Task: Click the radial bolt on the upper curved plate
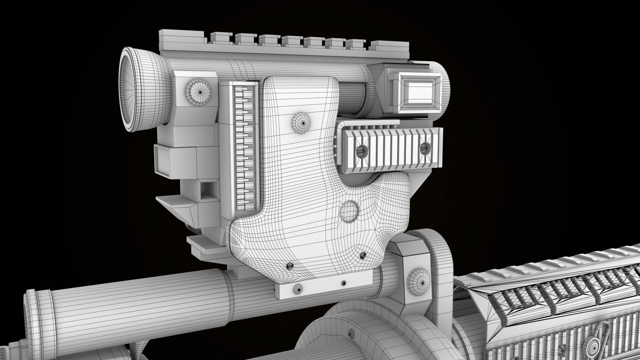[303, 123]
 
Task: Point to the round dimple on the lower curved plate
[349, 211]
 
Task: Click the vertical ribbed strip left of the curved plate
[246, 147]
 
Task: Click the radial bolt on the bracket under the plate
[297, 289]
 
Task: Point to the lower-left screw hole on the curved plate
[289, 265]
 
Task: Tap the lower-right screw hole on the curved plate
[362, 255]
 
